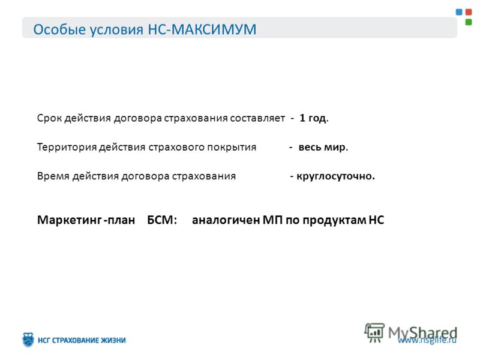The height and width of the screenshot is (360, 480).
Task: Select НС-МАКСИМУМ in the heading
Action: (202, 29)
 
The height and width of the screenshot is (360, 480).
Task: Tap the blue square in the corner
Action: (459, 12)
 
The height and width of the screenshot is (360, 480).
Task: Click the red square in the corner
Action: (469, 12)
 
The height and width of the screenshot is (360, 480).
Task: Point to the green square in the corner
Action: (469, 22)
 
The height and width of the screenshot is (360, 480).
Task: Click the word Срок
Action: (49, 118)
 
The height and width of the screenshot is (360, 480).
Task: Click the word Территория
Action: (67, 147)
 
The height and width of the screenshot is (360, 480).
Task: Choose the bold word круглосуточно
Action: (335, 176)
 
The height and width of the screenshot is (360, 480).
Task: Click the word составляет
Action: (257, 118)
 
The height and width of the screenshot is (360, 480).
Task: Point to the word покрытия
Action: (232, 147)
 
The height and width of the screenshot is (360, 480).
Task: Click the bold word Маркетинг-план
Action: (86, 220)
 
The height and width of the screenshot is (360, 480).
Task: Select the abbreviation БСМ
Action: (162, 220)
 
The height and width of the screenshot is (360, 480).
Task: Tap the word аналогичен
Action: (226, 220)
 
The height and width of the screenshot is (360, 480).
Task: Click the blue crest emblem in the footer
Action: (28, 340)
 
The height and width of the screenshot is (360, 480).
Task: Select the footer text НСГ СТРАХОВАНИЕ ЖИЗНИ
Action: (82, 340)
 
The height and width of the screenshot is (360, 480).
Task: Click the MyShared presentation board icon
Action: (374, 332)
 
